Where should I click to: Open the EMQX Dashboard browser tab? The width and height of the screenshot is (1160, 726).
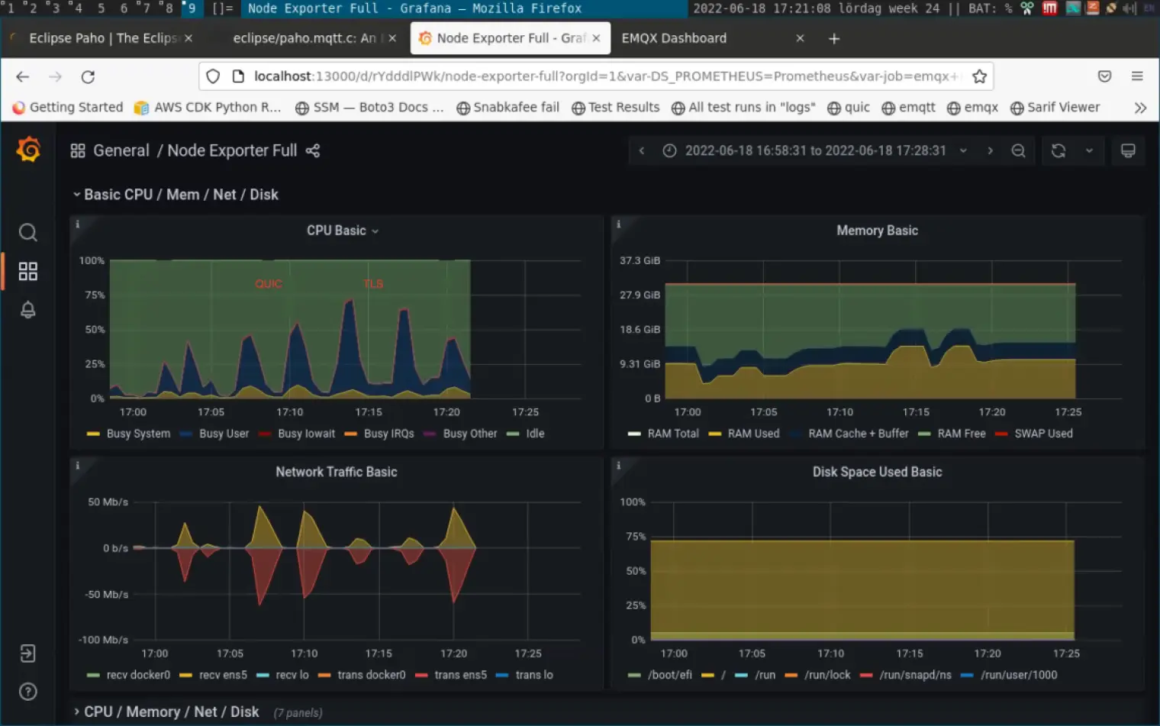click(674, 38)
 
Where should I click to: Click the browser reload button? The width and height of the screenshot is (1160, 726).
click(88, 76)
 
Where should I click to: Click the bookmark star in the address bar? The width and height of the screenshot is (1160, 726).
click(979, 76)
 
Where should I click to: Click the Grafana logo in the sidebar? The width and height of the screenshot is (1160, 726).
click(28, 150)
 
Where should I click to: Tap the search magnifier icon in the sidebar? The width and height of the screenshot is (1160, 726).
click(28, 232)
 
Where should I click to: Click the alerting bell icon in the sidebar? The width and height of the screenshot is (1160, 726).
click(28, 310)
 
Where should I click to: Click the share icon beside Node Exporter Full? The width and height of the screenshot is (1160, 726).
click(313, 151)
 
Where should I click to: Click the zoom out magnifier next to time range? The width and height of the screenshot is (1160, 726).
click(1018, 151)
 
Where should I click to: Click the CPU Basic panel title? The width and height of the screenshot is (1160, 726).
click(337, 231)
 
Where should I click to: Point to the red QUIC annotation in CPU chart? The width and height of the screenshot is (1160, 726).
click(269, 284)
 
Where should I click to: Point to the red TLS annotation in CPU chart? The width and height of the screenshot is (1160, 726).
click(373, 284)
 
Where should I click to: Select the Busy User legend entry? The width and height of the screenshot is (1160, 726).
click(224, 434)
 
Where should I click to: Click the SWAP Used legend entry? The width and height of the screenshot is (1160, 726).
click(1043, 434)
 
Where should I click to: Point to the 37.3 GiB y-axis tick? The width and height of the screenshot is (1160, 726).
click(640, 260)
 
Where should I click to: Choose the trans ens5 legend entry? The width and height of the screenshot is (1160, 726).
click(460, 675)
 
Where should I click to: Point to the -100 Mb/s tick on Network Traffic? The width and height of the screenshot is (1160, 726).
click(103, 640)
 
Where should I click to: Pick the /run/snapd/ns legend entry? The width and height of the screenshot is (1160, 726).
click(915, 675)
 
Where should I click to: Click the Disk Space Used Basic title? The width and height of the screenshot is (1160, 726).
click(877, 472)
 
